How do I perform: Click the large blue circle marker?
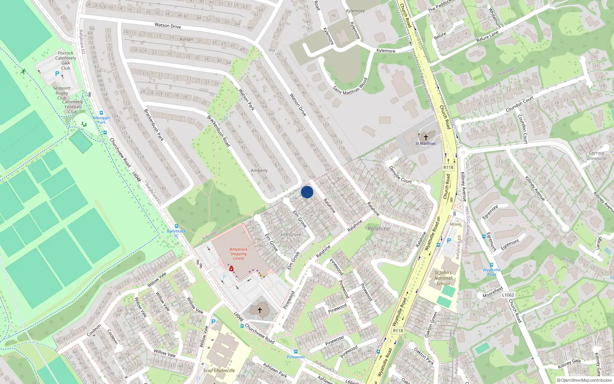coord(307,192)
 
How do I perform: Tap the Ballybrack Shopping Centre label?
coord(238,254)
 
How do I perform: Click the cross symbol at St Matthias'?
coord(426,137)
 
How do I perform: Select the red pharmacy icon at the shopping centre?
coord(231,269)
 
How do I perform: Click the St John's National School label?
coord(443,278)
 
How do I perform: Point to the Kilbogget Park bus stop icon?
coord(101,113)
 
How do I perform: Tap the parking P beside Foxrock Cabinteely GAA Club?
coord(57,74)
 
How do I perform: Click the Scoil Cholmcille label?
coord(219,371)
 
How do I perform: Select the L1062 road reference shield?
coord(508,295)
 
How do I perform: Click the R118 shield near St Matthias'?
coord(448,167)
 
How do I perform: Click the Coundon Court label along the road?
coord(520,104)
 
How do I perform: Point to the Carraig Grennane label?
coord(596,156)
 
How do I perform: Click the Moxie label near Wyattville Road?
coord(456,224)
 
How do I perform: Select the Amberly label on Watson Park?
coord(259,170)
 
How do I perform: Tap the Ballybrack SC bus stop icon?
coord(176,226)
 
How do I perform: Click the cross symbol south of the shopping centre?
coord(259,310)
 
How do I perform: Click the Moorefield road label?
coord(492,292)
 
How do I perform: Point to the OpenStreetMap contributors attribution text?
coord(584,381)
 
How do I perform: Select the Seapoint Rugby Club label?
coord(62,93)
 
